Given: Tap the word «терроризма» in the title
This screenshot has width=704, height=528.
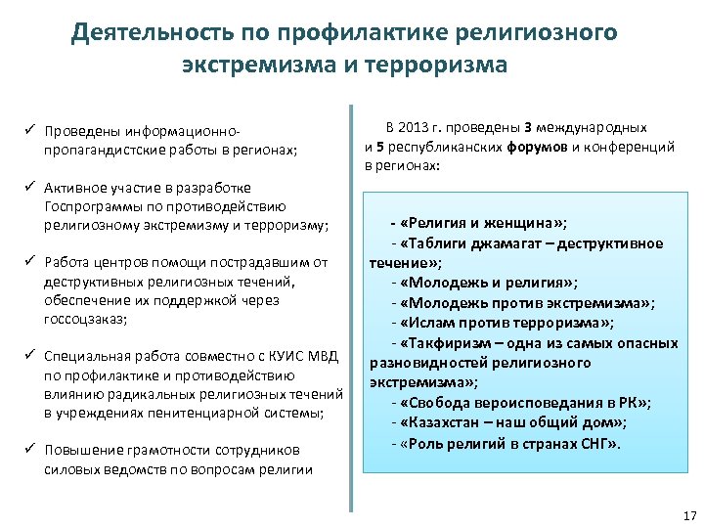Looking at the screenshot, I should click(x=445, y=66).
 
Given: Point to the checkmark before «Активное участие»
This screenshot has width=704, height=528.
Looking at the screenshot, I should click(x=30, y=188).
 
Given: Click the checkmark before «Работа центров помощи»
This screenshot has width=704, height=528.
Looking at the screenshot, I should click(x=30, y=263).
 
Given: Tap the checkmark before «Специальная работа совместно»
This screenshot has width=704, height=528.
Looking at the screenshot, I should click(x=30, y=355).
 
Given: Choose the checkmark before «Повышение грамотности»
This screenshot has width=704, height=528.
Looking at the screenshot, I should click(x=30, y=451).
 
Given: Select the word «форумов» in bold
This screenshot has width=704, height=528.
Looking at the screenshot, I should click(x=538, y=148).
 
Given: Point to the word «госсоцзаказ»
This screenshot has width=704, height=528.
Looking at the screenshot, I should click(x=85, y=320).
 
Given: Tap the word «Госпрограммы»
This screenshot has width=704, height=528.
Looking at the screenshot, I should click(x=92, y=206).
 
